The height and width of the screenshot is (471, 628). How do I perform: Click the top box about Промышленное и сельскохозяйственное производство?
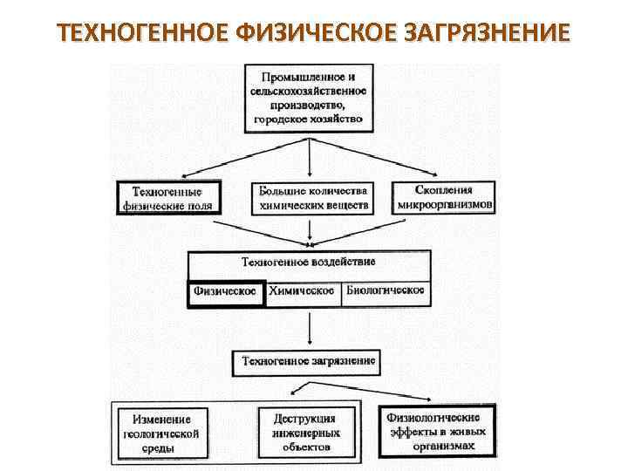311,97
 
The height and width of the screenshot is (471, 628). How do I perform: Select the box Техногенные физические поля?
167,198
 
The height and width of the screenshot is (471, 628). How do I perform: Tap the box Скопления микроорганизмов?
445,197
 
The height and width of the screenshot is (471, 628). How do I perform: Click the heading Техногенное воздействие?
308,262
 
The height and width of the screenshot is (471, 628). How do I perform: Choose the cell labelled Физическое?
226,291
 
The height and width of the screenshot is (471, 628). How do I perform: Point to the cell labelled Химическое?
302,291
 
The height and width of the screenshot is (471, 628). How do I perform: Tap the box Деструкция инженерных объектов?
308,433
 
